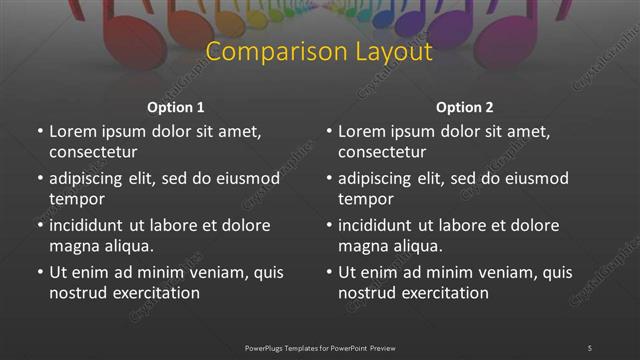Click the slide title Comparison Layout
coord(319,52)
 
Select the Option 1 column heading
coord(176,107)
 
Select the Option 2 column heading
coord(465,107)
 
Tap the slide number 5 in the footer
coord(590,347)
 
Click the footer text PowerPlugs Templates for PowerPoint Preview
coord(319,347)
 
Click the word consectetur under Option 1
coord(93,152)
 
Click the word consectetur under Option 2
coord(382,152)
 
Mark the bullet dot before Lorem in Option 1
coord(40,131)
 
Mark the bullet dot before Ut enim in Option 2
coord(329,272)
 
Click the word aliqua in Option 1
coord(124,246)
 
